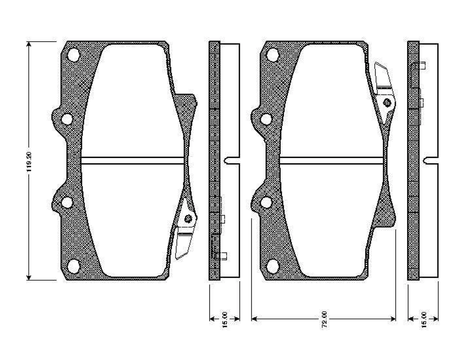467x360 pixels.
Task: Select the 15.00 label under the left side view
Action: coord(225,319)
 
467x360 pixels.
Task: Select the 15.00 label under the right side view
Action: coord(424,319)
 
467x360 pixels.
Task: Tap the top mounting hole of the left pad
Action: coord(74,55)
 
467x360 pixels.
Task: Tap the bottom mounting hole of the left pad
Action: coord(74,267)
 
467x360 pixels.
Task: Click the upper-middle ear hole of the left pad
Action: coord(67,119)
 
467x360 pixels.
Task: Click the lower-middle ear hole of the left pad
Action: coord(67,202)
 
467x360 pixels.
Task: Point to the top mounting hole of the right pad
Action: coord(273,55)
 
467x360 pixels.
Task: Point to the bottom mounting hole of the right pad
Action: coord(273,267)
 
